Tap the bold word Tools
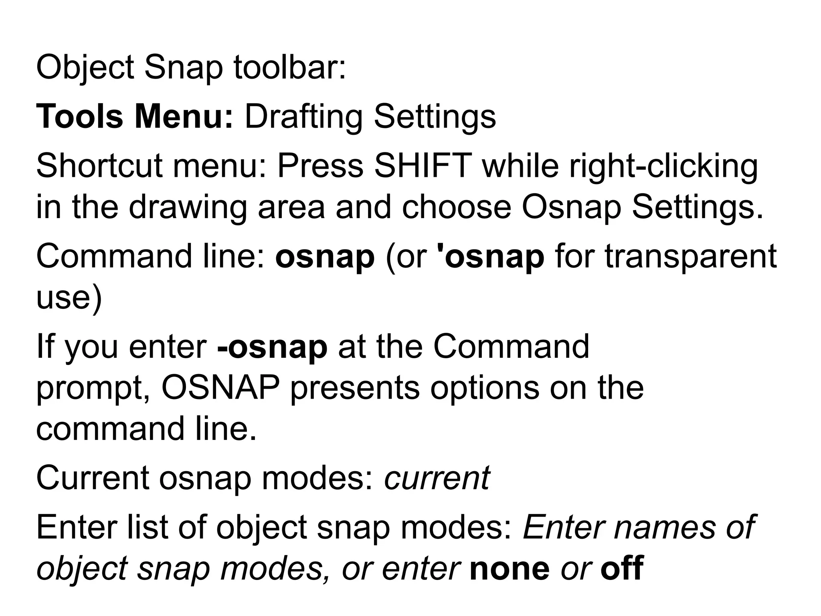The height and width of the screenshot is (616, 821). tap(79, 117)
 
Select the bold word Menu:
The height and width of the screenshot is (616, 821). tap(184, 117)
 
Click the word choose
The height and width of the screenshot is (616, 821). tap(457, 208)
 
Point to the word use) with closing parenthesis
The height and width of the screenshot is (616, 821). tap(69, 299)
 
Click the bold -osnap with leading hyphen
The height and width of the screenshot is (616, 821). tap(272, 347)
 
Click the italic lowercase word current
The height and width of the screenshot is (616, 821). tap(437, 478)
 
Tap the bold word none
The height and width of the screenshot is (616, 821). tap(510, 568)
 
